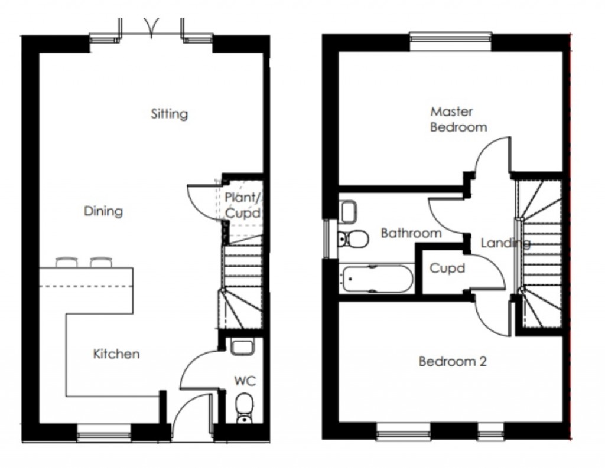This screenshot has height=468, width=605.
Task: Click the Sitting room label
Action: coord(169,113)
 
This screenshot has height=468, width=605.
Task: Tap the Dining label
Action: coord(103,211)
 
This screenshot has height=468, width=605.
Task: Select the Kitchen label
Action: coord(116,354)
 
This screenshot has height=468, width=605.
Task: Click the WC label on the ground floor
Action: coord(245,381)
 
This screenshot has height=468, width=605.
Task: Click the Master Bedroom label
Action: coord(458,119)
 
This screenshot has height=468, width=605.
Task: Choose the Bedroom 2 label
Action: coord(452,361)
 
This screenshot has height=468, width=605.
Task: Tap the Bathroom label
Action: coord(411,233)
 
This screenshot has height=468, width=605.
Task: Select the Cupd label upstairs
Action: coord(447,269)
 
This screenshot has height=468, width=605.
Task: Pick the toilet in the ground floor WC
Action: coord(243,408)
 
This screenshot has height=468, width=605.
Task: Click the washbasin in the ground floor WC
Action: coord(242,346)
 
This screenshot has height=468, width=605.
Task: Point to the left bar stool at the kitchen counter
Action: coord(66,261)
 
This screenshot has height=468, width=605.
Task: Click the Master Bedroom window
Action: coord(450,40)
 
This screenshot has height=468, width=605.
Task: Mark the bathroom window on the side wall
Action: coord(327,238)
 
